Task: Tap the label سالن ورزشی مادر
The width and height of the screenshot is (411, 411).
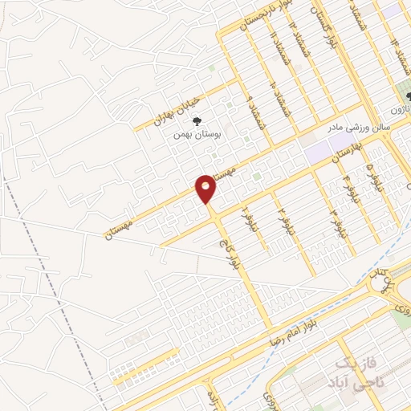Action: pyautogui.click(x=358, y=126)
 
